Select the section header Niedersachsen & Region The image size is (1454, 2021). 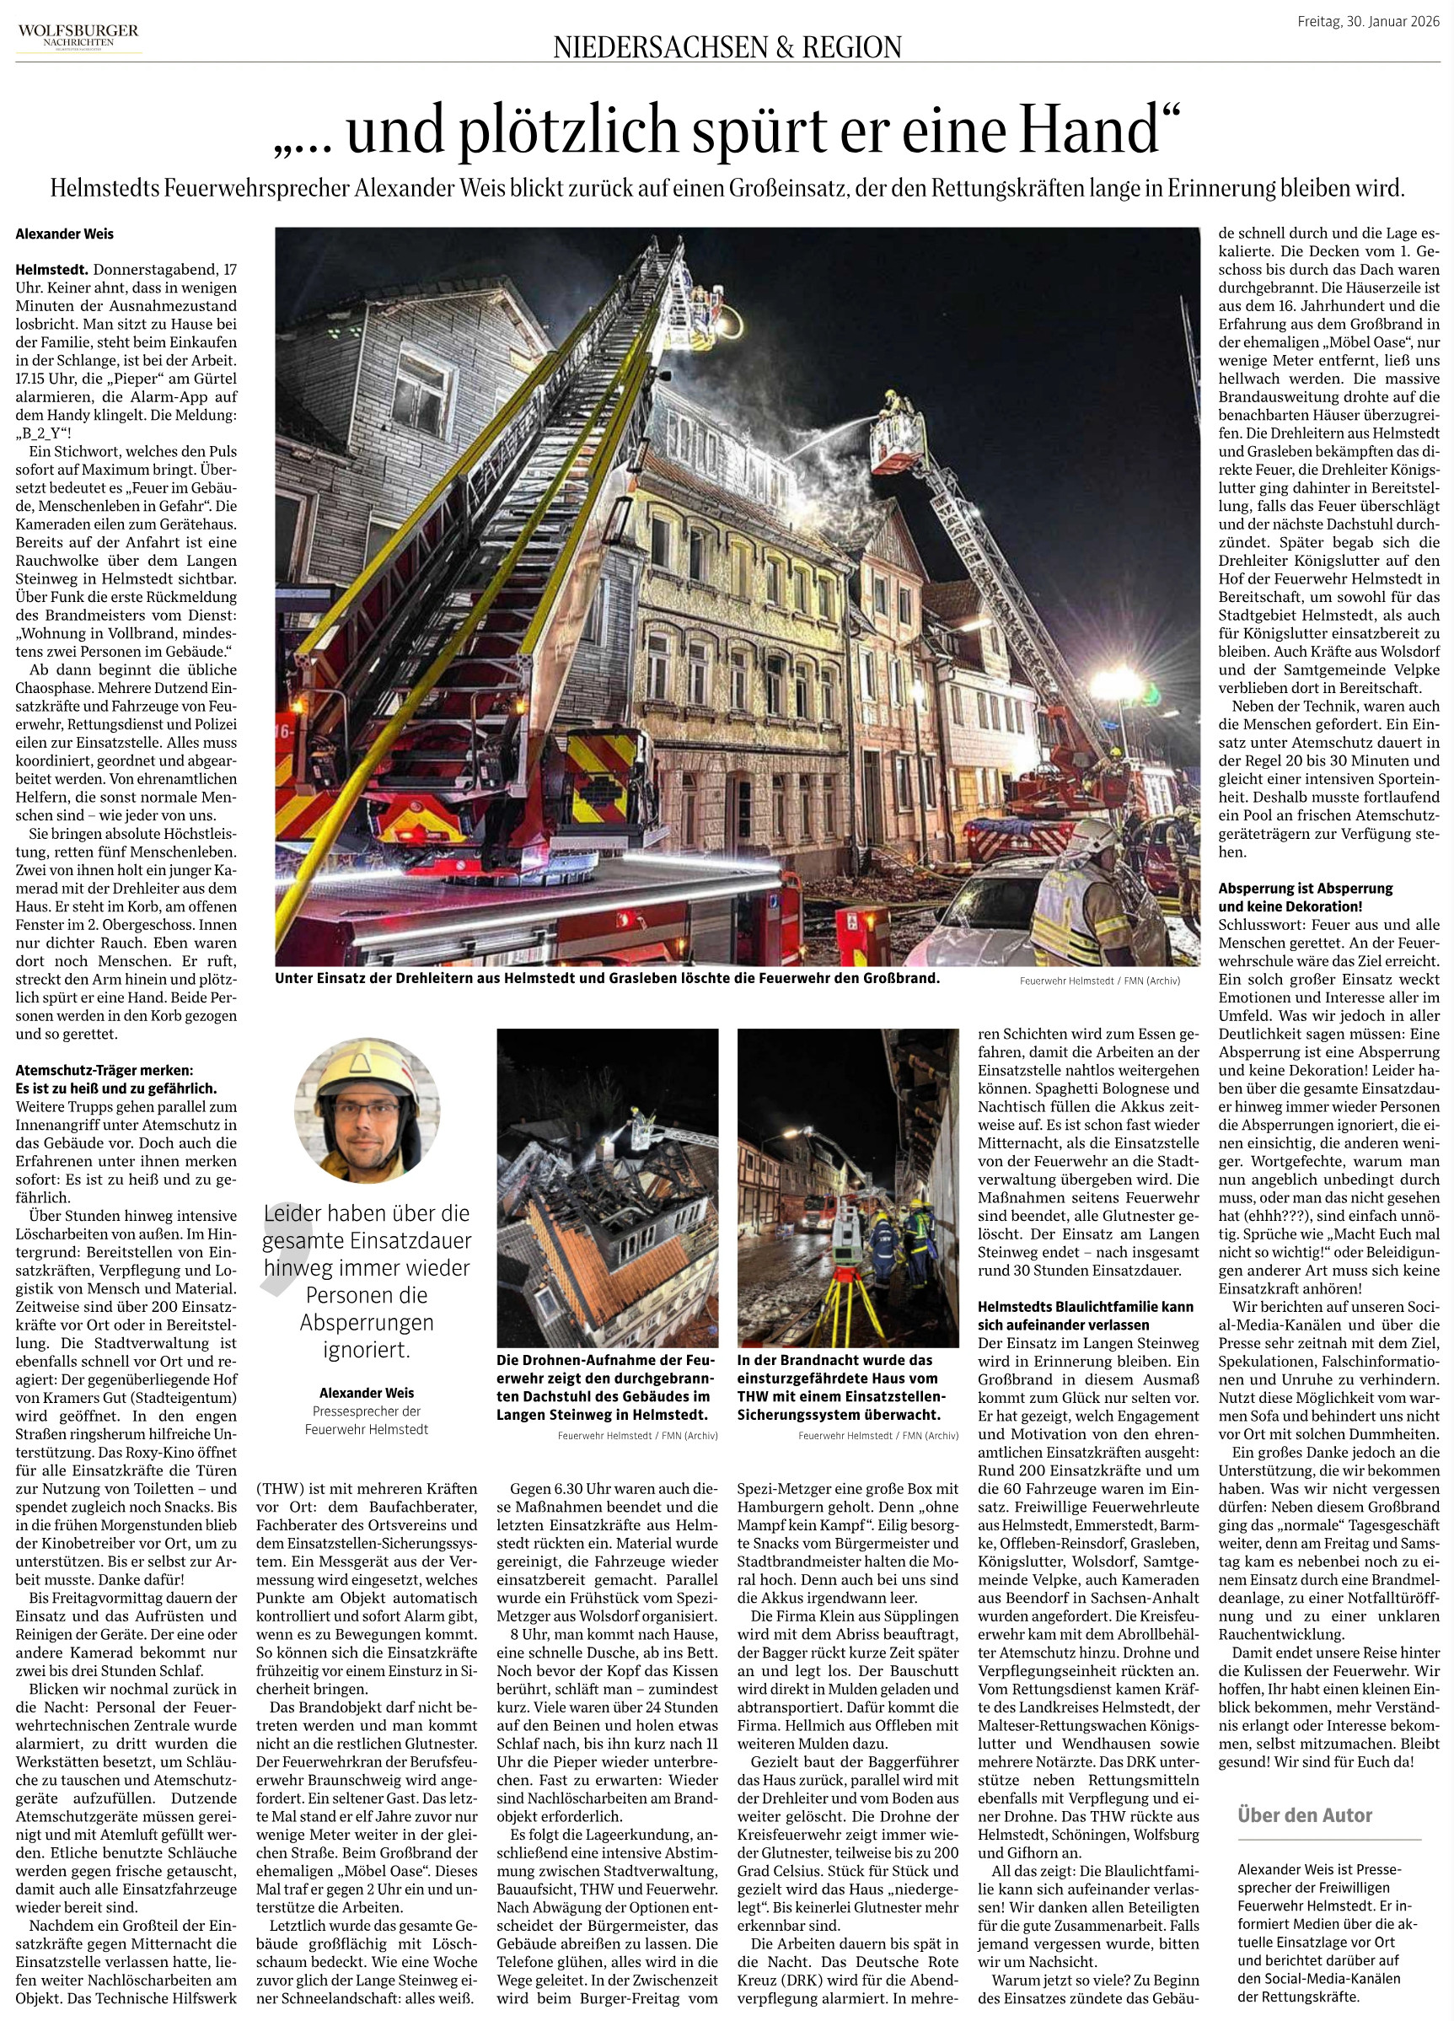[727, 46]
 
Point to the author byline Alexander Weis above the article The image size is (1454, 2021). [64, 234]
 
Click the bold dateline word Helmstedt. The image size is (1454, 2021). [51, 269]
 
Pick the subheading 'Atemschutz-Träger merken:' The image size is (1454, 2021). [104, 1069]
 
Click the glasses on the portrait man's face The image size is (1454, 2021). [367, 1110]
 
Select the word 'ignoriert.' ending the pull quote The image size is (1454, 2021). [366, 1349]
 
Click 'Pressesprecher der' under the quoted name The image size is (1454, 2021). [366, 1411]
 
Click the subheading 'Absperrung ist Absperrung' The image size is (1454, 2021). [1305, 889]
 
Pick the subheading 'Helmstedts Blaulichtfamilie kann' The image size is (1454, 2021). [1085, 1306]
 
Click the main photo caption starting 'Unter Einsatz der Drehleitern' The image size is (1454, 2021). [607, 977]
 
